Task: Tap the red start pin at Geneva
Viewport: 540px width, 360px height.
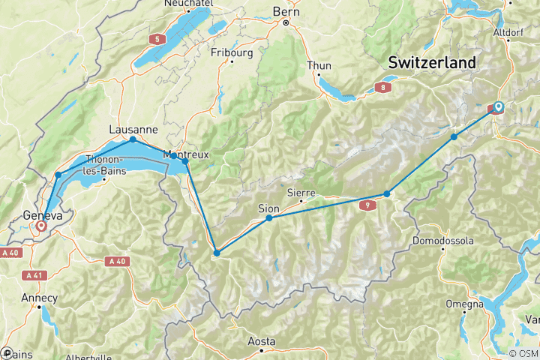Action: tap(40, 224)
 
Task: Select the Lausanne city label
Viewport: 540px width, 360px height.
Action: tap(133, 128)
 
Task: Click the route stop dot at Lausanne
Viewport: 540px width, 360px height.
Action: tap(133, 139)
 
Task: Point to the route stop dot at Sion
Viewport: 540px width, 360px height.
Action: tap(268, 218)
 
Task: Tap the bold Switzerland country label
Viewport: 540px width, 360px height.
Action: tap(431, 63)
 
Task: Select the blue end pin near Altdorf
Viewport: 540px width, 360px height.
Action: tap(498, 108)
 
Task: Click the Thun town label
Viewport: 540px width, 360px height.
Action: tap(319, 65)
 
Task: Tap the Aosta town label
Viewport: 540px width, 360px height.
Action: tap(262, 341)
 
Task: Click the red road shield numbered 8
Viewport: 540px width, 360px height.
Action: tap(385, 88)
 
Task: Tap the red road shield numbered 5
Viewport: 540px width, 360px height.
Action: tap(157, 38)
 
